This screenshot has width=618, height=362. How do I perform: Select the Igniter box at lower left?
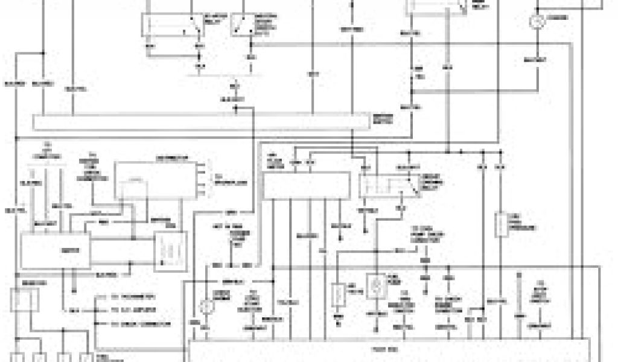[56, 250]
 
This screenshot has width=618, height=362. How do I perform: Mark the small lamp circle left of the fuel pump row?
[207, 305]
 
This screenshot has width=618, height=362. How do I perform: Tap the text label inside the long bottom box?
[380, 349]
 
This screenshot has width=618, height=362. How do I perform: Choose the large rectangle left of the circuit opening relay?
[307, 185]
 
